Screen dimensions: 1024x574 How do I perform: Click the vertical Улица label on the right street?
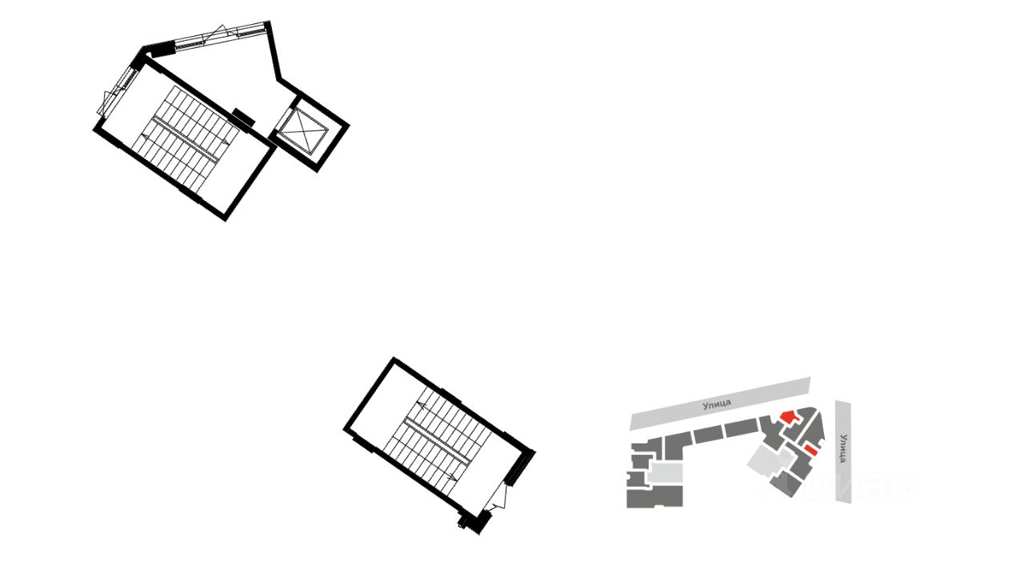click(x=843, y=448)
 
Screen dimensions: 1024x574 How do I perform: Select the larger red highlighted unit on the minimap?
click(x=789, y=416)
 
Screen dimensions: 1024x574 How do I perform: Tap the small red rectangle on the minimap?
click(x=810, y=452)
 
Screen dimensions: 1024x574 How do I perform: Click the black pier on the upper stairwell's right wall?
click(x=243, y=117)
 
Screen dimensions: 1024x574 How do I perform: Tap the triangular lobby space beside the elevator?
click(x=232, y=68)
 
